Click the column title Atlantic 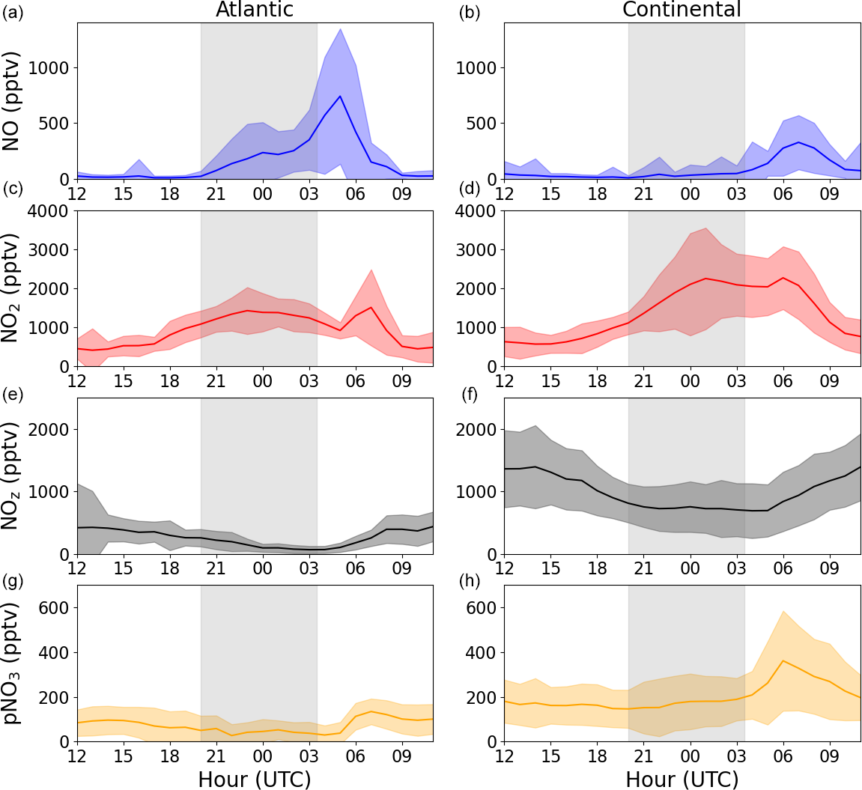(255, 10)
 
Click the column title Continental (682, 10)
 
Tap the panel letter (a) (13, 12)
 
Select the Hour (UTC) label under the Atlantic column (255, 780)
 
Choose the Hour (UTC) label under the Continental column (682, 780)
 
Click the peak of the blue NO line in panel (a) (340, 96)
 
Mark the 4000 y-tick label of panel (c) (47, 211)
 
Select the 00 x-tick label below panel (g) (262, 756)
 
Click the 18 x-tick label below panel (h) (597, 756)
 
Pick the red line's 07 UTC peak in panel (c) (371, 307)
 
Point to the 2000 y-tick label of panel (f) (475, 430)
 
